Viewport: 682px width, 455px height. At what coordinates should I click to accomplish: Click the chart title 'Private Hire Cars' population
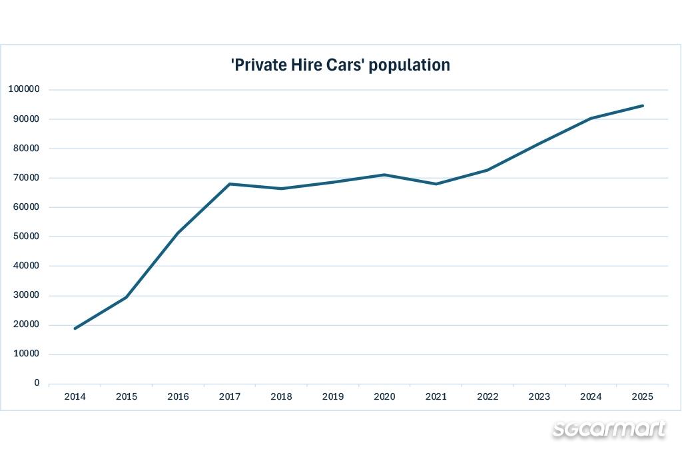click(340, 65)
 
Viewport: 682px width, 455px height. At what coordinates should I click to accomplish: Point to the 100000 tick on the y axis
click(24, 89)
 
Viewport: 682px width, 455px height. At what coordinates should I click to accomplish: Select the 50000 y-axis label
click(26, 236)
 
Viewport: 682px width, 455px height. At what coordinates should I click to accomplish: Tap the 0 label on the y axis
click(37, 383)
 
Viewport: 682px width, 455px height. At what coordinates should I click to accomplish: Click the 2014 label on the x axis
click(75, 396)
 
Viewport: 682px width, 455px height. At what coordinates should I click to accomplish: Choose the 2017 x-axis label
click(230, 396)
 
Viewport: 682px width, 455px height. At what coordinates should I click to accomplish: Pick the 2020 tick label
click(384, 396)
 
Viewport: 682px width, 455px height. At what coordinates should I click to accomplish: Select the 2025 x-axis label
click(643, 396)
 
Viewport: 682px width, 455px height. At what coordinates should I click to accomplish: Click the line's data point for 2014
click(75, 328)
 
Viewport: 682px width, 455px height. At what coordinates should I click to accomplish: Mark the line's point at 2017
click(230, 184)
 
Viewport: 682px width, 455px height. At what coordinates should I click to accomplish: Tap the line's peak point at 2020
click(384, 175)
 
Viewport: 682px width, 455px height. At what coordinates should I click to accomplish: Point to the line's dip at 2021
click(436, 184)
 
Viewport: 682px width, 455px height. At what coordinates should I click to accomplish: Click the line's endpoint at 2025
click(643, 105)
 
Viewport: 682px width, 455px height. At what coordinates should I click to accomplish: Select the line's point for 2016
click(178, 233)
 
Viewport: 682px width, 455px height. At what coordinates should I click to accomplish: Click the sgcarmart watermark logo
click(609, 429)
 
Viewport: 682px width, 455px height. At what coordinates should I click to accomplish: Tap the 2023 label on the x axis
click(539, 396)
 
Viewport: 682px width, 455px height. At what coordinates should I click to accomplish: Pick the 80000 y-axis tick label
click(26, 149)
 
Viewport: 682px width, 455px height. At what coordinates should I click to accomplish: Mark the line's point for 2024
click(591, 118)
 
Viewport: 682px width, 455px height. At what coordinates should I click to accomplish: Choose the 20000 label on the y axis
click(26, 324)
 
